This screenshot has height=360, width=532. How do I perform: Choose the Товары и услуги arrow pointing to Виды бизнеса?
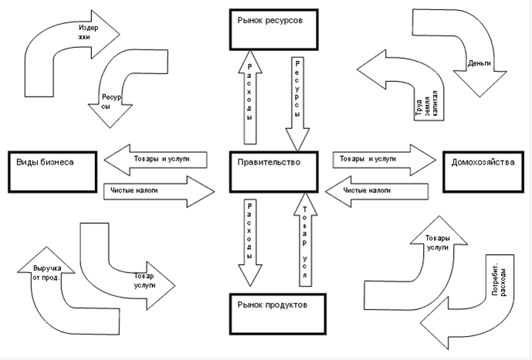tap(155, 160)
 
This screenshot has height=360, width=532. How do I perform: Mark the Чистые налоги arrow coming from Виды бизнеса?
tap(159, 192)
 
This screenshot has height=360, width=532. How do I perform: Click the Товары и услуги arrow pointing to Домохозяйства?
tap(385, 160)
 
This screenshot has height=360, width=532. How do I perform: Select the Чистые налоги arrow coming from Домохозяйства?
tap(377, 192)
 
